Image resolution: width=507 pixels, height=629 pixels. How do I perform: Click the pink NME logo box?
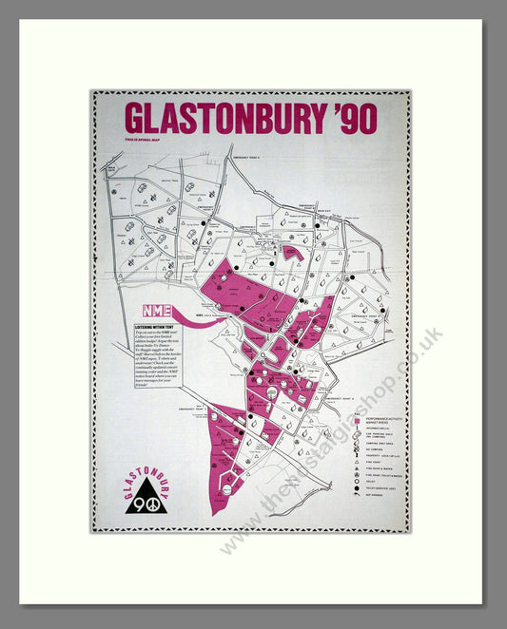click(157, 311)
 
